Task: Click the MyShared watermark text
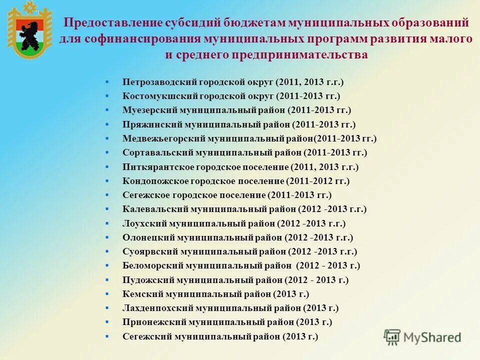(432, 337)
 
